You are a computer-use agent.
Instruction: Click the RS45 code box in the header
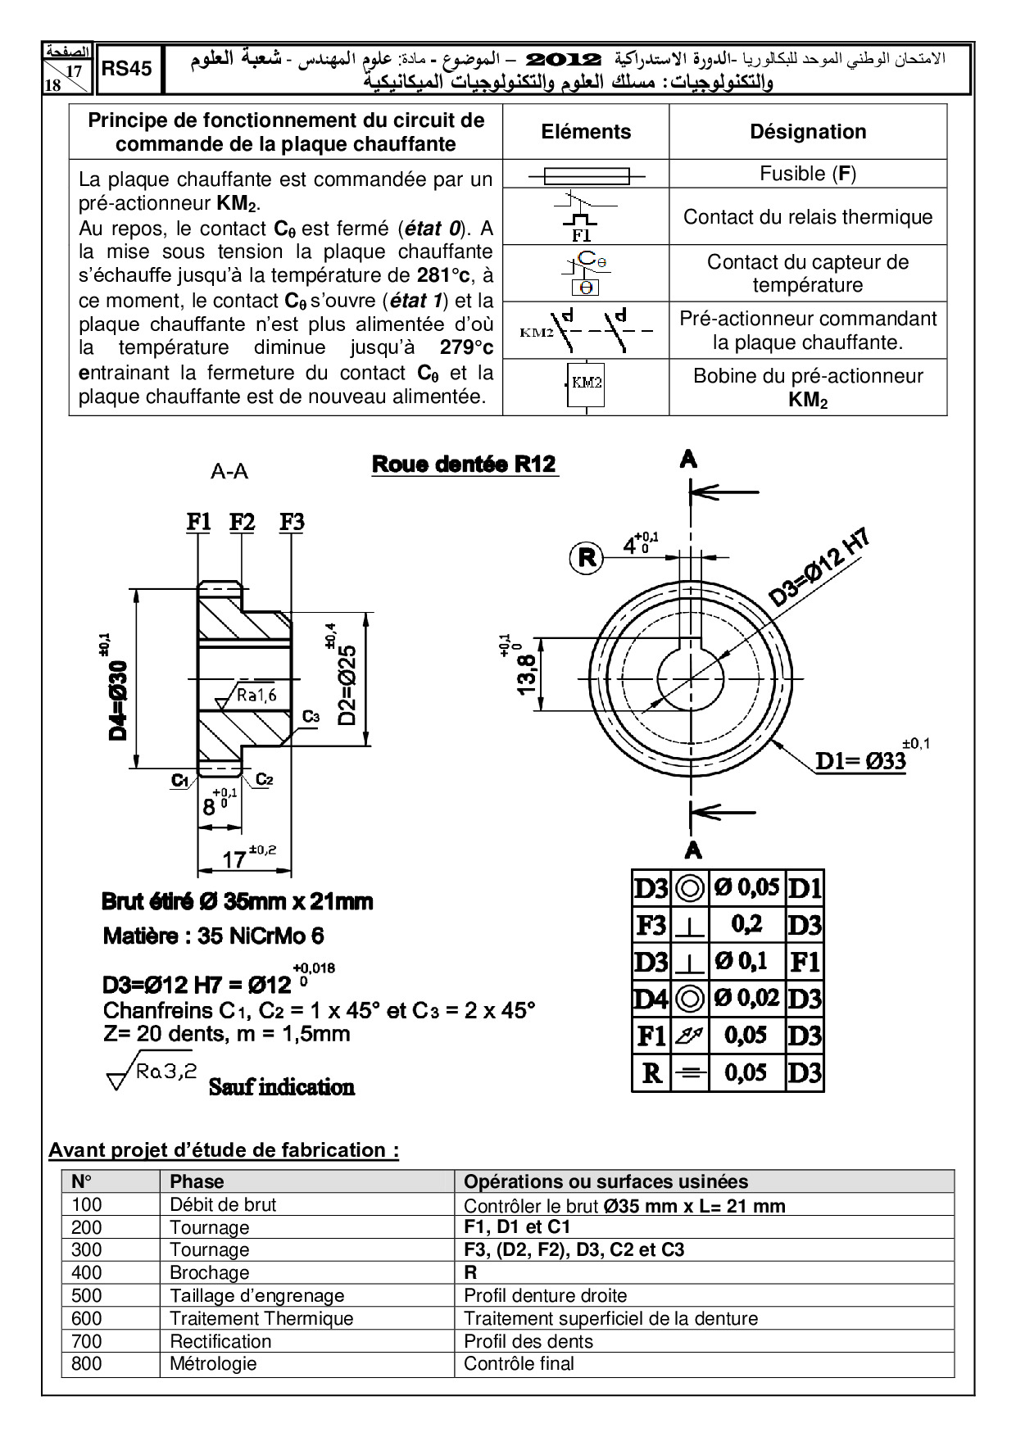pos(127,69)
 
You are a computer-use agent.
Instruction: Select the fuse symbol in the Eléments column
pos(586,175)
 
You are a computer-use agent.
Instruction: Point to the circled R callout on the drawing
pos(587,558)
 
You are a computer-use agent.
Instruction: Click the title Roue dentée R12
pos(465,465)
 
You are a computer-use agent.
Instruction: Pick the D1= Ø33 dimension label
pos(861,761)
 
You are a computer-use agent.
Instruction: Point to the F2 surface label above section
pos(242,522)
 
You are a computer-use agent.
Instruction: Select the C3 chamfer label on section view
pos(311,716)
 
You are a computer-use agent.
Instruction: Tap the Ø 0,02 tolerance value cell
pos(746,999)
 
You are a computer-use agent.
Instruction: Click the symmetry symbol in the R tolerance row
pos(690,1073)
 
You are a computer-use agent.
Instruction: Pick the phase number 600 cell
pos(87,1318)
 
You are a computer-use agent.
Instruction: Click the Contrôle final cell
pos(519,1363)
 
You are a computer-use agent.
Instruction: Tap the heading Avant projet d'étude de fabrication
pos(224,1150)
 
